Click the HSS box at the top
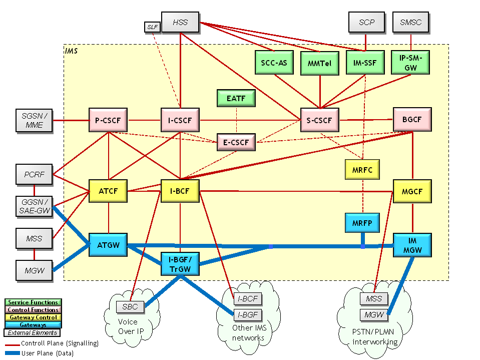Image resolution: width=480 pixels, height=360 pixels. [x=180, y=23]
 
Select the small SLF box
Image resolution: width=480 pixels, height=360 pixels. [x=152, y=27]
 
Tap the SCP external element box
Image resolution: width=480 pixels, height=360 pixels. [x=366, y=23]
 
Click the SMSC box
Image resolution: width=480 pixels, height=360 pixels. [x=410, y=23]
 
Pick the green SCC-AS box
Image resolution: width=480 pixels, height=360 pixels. [x=274, y=63]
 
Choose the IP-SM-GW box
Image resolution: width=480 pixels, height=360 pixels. [x=410, y=62]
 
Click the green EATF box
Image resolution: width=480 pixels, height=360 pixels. [x=236, y=98]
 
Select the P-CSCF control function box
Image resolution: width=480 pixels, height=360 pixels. [x=108, y=120]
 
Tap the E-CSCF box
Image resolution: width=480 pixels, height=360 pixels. [x=236, y=142]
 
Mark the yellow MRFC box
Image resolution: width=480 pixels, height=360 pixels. [x=362, y=169]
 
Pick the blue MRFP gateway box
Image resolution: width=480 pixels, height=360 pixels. [x=362, y=222]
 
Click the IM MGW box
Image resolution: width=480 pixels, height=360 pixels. [x=412, y=245]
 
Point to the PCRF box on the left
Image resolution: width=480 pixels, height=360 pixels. [x=34, y=175]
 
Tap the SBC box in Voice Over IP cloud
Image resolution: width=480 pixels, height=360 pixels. [x=130, y=306]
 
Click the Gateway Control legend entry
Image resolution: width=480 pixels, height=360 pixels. [x=33, y=317]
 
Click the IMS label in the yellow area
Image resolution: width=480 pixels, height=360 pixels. [x=71, y=51]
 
